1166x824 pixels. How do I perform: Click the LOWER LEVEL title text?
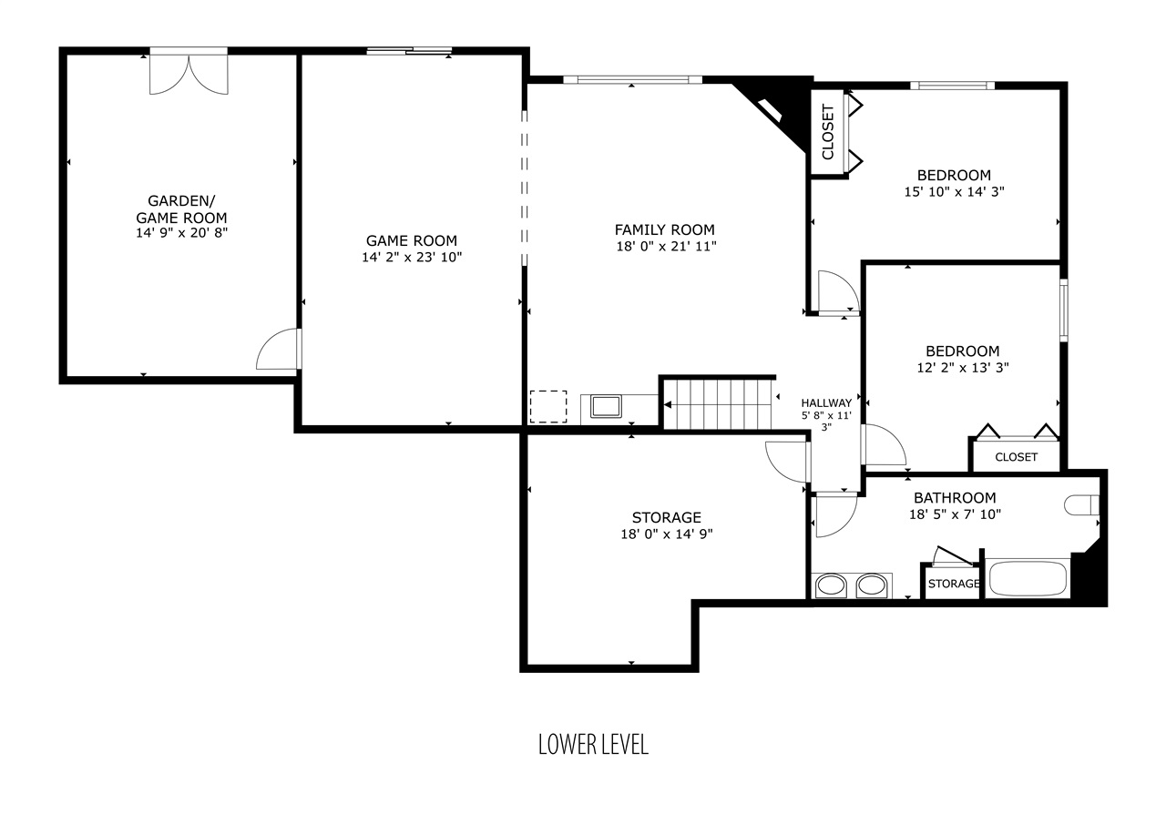(593, 745)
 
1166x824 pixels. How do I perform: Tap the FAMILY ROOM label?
(664, 229)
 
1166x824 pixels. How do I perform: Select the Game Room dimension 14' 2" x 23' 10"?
(412, 257)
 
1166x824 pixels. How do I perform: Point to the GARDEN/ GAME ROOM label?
(181, 209)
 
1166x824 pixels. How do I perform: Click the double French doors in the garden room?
(189, 73)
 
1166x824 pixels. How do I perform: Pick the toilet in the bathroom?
(1081, 505)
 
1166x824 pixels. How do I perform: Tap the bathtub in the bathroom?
(1028, 578)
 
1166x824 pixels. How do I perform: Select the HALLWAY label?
(826, 402)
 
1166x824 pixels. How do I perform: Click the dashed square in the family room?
(548, 406)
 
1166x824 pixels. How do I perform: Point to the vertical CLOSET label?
(828, 132)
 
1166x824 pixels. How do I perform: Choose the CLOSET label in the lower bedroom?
(1016, 457)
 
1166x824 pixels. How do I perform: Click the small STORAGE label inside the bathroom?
(954, 584)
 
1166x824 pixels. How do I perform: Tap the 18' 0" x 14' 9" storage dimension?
(666, 534)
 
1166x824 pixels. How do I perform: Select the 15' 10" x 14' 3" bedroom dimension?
(954, 192)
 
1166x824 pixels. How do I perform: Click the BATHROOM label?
(955, 498)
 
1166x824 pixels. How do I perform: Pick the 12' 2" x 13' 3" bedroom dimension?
(963, 368)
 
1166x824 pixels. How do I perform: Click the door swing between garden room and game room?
(279, 349)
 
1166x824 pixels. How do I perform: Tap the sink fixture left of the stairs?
(606, 406)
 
